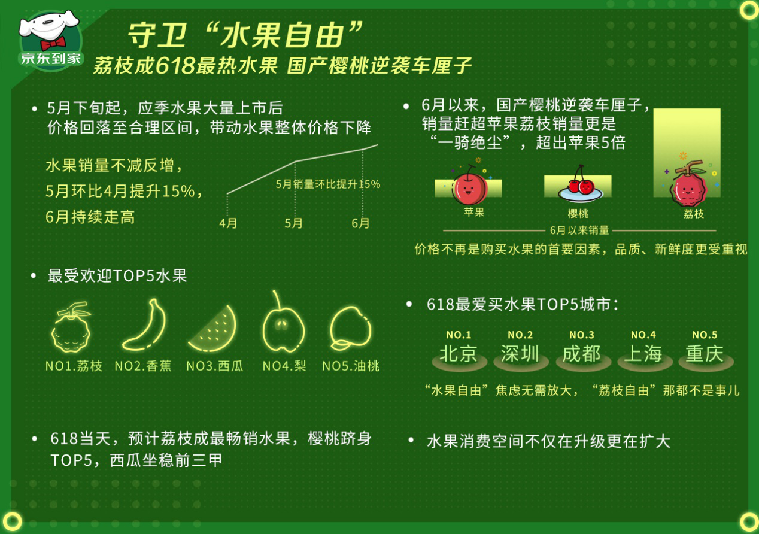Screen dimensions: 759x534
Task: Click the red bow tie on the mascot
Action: coord(53,43)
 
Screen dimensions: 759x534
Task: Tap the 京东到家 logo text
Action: coord(51,59)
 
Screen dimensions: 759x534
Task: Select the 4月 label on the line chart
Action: coord(228,223)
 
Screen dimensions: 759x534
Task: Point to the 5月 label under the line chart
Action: coord(293,223)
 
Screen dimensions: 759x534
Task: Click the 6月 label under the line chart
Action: coord(360,223)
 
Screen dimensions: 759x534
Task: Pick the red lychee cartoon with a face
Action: coord(688,184)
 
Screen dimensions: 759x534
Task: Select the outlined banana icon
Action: coord(145,324)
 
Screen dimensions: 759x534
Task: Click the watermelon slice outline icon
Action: coord(212,329)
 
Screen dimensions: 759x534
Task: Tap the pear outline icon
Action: coord(283,322)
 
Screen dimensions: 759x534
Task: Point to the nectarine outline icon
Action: coord(350,328)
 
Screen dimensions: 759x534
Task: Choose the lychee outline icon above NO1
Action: coord(71,327)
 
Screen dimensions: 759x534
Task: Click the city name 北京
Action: coord(459,353)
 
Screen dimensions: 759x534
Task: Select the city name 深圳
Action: coord(520,353)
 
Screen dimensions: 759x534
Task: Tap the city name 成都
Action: coord(582,353)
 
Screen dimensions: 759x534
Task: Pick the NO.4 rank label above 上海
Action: coord(643,335)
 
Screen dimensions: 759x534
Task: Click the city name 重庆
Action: coord(705,353)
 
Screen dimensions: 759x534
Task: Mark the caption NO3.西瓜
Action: coord(215,366)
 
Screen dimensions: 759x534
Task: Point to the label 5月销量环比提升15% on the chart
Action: coord(327,184)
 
